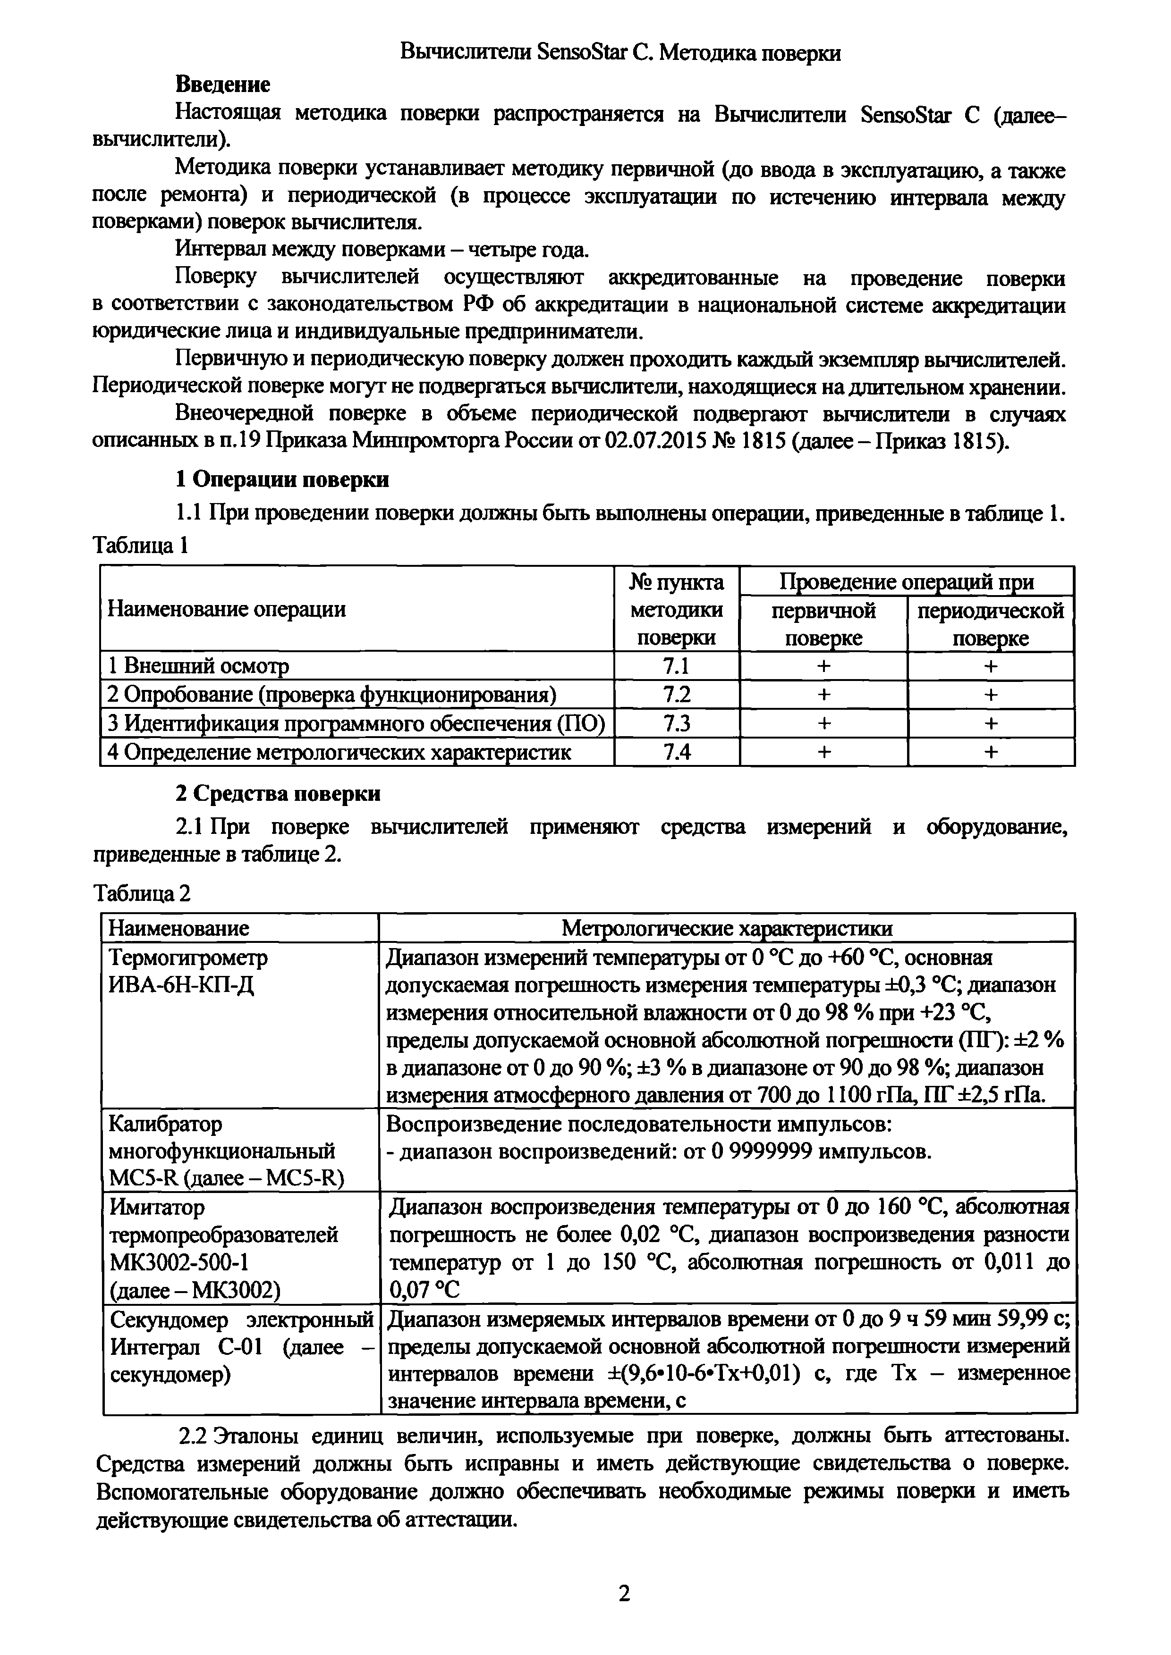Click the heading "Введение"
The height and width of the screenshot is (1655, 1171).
coord(223,84)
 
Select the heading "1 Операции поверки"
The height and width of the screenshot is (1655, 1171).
coord(283,479)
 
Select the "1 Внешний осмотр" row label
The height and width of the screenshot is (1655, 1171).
coord(197,666)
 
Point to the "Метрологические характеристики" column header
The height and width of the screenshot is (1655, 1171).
coord(727,928)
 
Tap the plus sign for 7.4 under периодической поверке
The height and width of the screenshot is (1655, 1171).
coord(991,752)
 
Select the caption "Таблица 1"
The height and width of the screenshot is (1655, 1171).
coord(141,546)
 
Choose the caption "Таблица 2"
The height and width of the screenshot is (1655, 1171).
coord(142,894)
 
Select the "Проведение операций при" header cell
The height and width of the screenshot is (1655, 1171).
coord(907,581)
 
